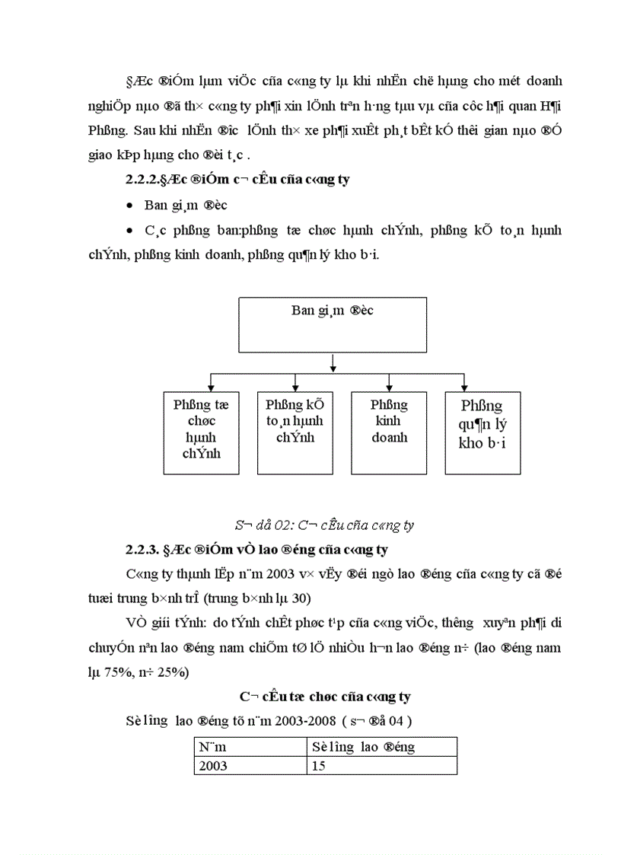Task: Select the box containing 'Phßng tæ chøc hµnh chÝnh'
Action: click(x=201, y=432)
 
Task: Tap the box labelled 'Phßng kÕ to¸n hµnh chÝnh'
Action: click(x=295, y=432)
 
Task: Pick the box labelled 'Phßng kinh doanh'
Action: click(x=389, y=432)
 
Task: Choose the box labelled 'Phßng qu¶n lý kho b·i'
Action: click(x=482, y=432)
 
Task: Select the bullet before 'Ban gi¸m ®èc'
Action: click(x=131, y=206)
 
